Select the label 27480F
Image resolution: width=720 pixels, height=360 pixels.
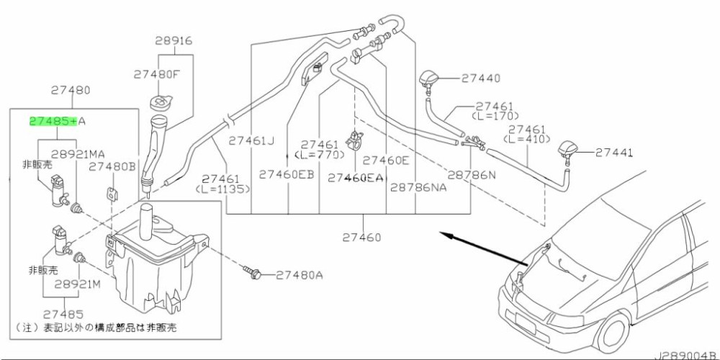point(156,73)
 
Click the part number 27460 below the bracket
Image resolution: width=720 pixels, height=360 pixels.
point(361,237)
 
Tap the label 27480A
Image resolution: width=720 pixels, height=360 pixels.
point(299,274)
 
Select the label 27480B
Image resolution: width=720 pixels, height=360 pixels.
point(112,166)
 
